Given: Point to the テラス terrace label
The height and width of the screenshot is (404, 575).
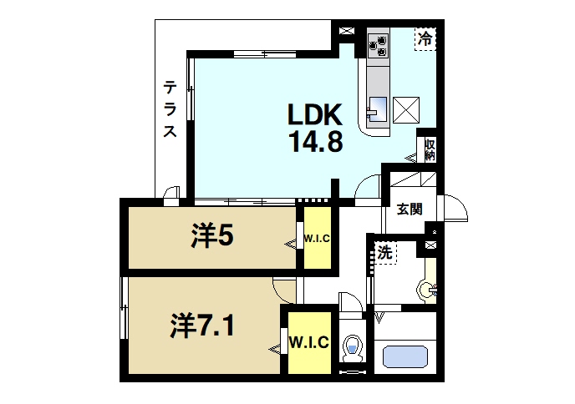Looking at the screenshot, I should click(170, 109).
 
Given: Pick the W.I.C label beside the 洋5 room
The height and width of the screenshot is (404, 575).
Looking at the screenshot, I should click(317, 238).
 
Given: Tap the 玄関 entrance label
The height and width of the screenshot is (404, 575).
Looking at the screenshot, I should click(409, 209).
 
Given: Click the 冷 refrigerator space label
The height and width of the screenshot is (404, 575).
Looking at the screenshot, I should click(425, 38).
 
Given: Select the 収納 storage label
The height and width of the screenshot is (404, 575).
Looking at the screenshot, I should click(430, 149).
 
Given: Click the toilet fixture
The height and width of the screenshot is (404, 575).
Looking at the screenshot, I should click(353, 347).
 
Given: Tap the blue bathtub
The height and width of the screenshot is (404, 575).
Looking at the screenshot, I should click(405, 356).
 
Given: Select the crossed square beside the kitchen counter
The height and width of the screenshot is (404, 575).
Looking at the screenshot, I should click(407, 109).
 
